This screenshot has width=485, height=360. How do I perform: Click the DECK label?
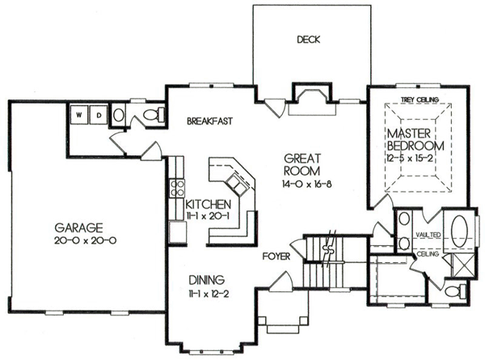(x=309, y=40)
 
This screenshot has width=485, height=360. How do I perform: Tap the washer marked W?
(x=79, y=115)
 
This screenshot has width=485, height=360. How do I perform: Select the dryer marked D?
(x=99, y=115)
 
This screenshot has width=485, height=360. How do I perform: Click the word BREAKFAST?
(x=209, y=121)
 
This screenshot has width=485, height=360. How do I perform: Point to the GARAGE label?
(x=78, y=228)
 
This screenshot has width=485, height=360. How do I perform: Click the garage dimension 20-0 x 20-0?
(x=86, y=240)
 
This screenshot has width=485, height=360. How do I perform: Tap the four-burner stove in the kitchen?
(x=177, y=188)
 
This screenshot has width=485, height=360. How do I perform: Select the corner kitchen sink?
(x=238, y=184)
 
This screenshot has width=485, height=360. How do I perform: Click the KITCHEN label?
(x=209, y=205)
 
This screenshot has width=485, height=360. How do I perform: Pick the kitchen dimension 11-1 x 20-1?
(x=208, y=216)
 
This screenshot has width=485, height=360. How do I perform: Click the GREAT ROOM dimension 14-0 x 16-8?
(x=307, y=184)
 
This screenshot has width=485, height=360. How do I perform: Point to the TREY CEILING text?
(x=420, y=100)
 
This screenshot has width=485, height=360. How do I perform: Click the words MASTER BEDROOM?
(x=415, y=140)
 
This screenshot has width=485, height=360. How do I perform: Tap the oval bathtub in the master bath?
(x=459, y=231)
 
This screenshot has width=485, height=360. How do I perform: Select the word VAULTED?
(x=428, y=235)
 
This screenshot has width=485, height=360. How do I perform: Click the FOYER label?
(x=276, y=256)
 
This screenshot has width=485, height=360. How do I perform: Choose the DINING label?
(x=207, y=280)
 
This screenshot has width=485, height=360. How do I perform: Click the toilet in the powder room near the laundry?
(x=154, y=115)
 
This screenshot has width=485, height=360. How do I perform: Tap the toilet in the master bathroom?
(x=455, y=291)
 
